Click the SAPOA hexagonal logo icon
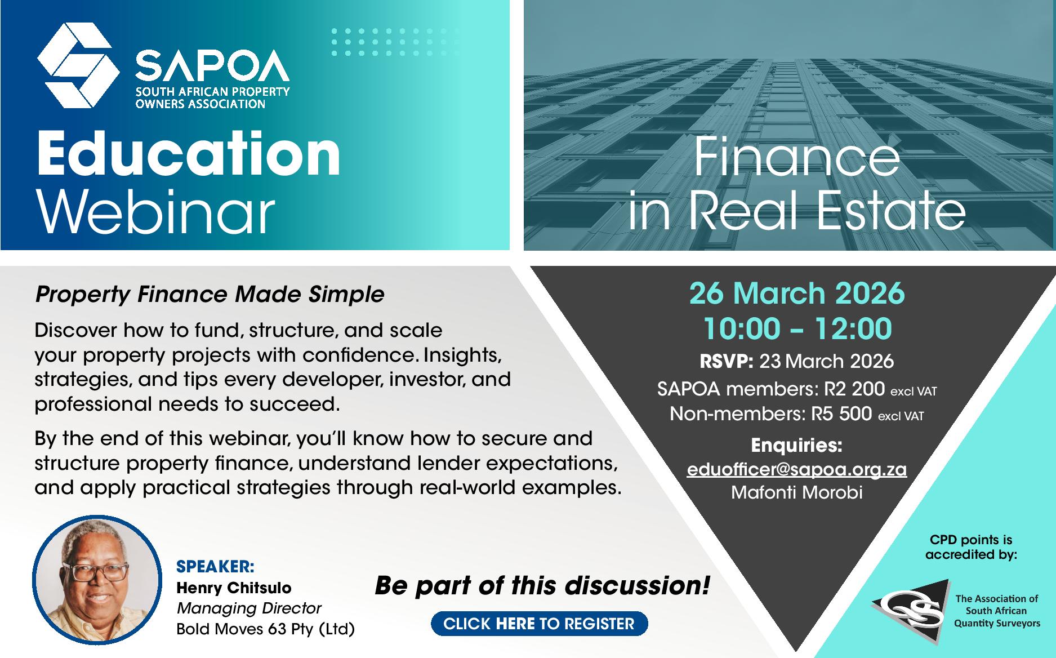point(78,65)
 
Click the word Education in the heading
point(189,153)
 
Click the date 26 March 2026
point(797,294)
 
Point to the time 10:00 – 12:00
point(797,328)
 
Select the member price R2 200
point(847,389)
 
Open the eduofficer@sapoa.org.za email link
point(796,469)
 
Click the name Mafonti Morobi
point(797,492)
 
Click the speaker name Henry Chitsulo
point(234,588)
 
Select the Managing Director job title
point(249,608)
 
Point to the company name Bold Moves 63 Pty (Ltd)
point(266,629)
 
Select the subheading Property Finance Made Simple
point(210,294)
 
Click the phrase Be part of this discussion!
point(542,586)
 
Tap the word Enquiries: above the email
point(797,446)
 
